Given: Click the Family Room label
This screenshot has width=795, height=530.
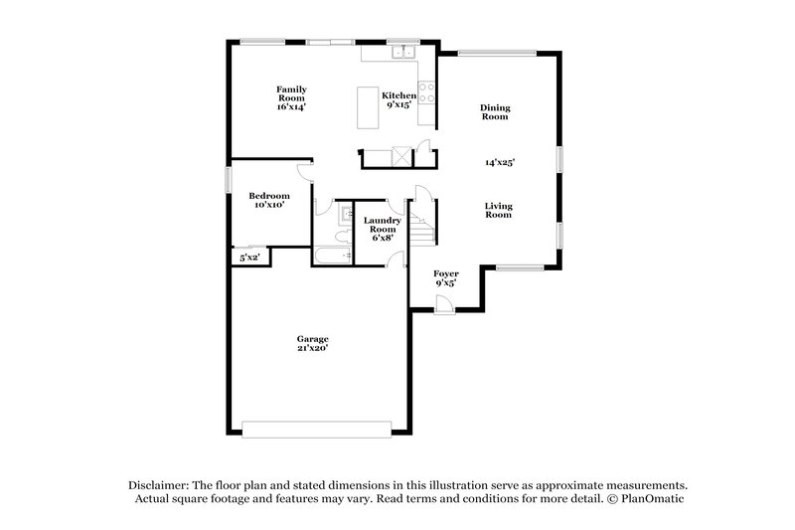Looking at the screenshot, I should click(290, 97).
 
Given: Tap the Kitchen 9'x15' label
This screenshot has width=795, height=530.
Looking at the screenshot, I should click(399, 99).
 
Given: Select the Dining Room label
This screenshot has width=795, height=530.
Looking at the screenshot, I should click(494, 111).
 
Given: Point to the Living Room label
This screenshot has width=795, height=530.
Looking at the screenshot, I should click(498, 210).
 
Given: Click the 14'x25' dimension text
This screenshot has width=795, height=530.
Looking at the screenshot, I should click(499, 161).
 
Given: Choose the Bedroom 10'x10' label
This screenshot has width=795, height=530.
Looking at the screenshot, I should click(268, 200).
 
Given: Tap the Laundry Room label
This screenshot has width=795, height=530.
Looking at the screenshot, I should click(382, 229).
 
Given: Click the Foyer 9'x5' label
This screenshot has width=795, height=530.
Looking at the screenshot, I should click(445, 276).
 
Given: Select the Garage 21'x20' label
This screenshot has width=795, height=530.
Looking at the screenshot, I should click(311, 343).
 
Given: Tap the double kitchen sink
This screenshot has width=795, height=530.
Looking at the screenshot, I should click(402, 51).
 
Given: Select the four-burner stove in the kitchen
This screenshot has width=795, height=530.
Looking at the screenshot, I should click(426, 91).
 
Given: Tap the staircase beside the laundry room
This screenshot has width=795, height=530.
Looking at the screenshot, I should click(425, 230).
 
